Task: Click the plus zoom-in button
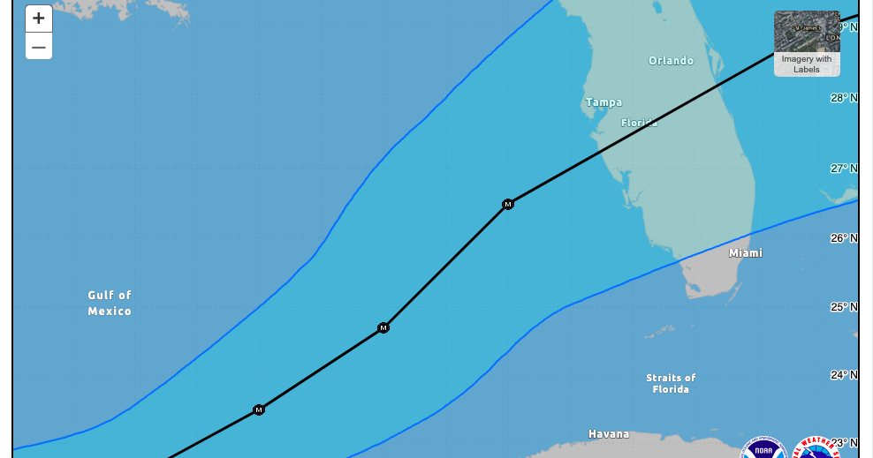pyautogui.click(x=39, y=19)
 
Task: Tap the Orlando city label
pyautogui.click(x=671, y=61)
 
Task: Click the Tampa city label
pyautogui.click(x=604, y=102)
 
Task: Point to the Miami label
pyautogui.click(x=745, y=253)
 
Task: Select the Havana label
pyautogui.click(x=609, y=434)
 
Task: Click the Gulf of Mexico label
pyautogui.click(x=110, y=304)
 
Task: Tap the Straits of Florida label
pyautogui.click(x=671, y=384)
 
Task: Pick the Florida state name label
pyautogui.click(x=639, y=124)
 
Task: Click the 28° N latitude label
pyautogui.click(x=844, y=98)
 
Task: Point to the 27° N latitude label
pyautogui.click(x=844, y=169)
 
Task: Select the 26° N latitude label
pyautogui.click(x=844, y=238)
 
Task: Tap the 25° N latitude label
pyautogui.click(x=844, y=307)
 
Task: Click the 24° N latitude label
pyautogui.click(x=844, y=375)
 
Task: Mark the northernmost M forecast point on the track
pyautogui.click(x=508, y=205)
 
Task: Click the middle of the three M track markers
pyautogui.click(x=383, y=328)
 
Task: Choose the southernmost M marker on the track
pyautogui.click(x=259, y=410)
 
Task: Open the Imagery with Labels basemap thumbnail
pyautogui.click(x=807, y=43)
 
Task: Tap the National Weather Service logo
pyautogui.click(x=815, y=449)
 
